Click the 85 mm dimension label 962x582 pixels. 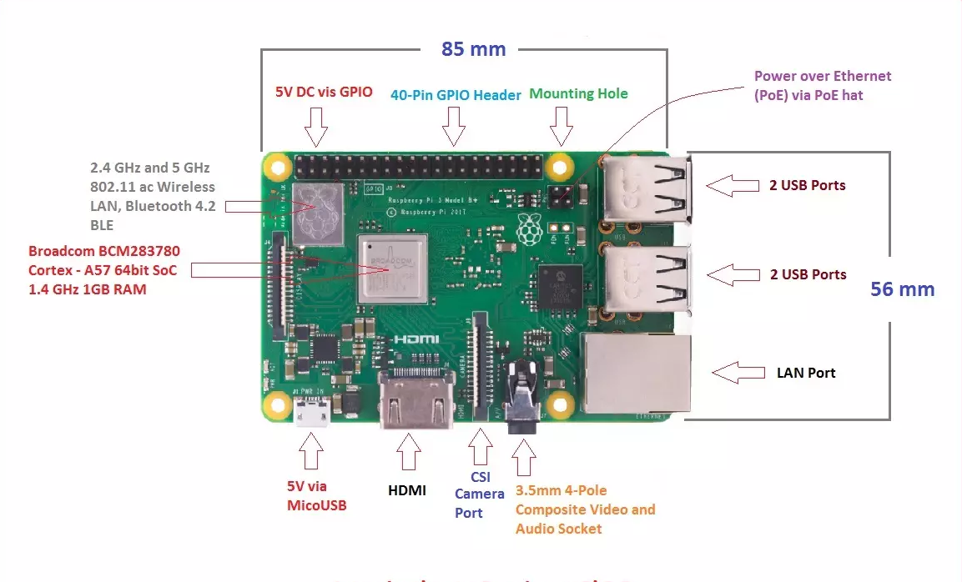tap(473, 49)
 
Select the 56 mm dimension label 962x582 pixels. tap(902, 289)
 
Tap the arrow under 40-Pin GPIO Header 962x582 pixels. tap(454, 126)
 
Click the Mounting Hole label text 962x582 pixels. tap(578, 93)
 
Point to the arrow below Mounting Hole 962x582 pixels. tap(562, 126)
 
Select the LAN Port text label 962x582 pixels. tap(806, 373)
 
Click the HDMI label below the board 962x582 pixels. tap(407, 490)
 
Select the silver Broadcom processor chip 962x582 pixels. tap(392, 269)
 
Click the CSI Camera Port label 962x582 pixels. tap(479, 494)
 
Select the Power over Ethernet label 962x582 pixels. tap(823, 85)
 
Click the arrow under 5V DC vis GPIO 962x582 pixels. tap(316, 126)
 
